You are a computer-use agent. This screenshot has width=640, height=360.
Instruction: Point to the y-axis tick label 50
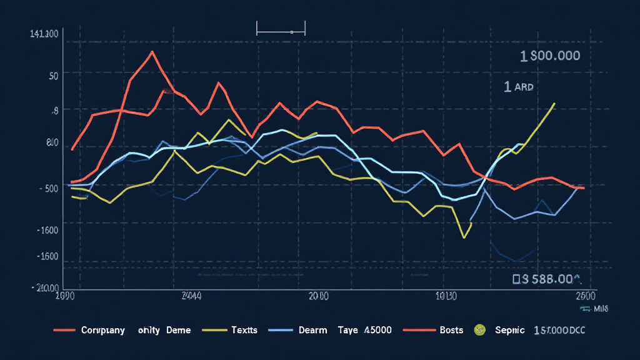pos(52,76)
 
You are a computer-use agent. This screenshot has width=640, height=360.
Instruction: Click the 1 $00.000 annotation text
pos(550,56)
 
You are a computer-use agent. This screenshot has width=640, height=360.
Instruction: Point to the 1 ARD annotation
pos(519,87)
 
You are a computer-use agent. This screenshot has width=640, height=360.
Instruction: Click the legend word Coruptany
pos(103,329)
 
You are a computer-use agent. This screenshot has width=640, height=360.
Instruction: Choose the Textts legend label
pos(244,329)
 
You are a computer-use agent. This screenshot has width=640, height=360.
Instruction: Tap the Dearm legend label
pos(312,329)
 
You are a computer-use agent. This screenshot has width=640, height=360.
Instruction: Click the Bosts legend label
pos(451,329)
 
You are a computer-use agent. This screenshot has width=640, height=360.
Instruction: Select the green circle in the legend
pos(479,329)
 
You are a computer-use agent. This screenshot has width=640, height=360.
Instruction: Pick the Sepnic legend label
pos(509,329)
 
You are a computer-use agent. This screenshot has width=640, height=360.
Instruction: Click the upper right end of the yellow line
pos(554,103)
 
